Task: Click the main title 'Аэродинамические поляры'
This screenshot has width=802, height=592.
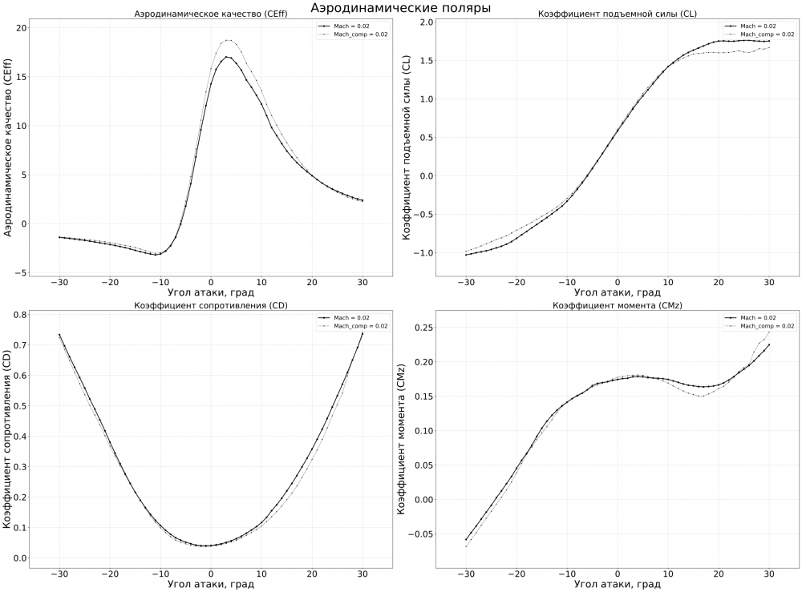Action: click(400, 7)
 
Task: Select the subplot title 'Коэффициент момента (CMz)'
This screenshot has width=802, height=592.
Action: click(617, 306)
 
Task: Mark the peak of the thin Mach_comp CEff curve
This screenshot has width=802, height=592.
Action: click(229, 40)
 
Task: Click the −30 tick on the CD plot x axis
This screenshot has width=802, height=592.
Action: click(59, 574)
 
